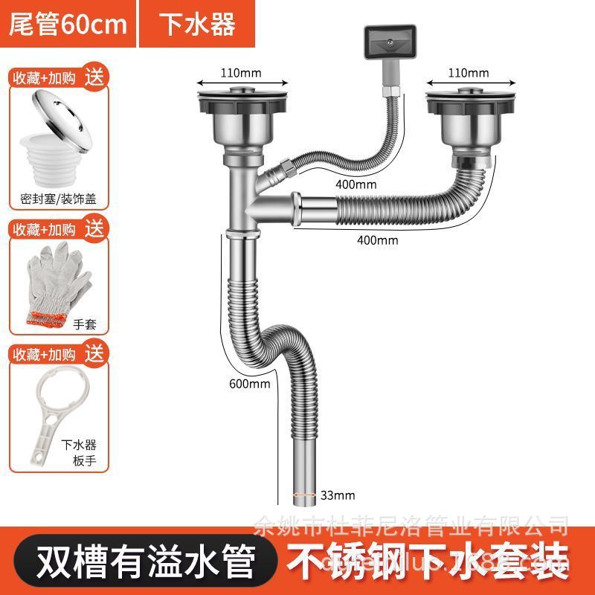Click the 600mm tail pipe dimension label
(x=249, y=384)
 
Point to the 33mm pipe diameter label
(x=338, y=495)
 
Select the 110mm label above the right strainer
(x=468, y=73)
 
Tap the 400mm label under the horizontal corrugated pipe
(x=377, y=239)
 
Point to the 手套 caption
(x=85, y=324)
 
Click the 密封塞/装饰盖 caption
(x=59, y=199)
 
